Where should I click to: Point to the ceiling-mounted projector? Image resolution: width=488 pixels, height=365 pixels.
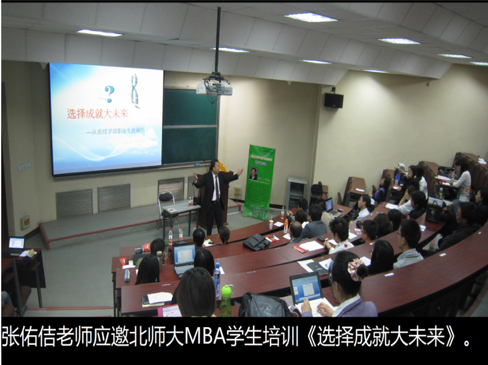pos(214,87)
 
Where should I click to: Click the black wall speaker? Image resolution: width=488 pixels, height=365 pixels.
pos(333,100)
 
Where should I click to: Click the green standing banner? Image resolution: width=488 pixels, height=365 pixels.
pos(259,182)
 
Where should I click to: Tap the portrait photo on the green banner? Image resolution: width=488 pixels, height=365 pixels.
pos(253,174)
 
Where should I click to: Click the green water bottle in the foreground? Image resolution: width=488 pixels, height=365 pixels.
pos(226,300)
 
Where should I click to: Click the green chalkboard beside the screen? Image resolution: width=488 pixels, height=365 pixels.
pos(189,125)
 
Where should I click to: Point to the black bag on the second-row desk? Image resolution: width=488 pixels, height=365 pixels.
pos(255,242)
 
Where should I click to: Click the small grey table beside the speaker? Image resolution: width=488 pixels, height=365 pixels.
pos(181,211)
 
